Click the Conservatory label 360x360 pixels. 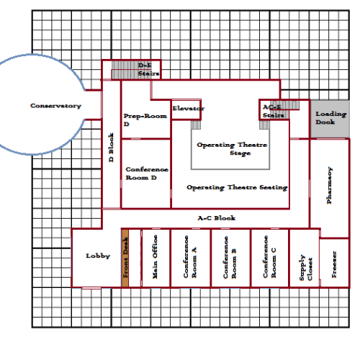[x=55, y=106]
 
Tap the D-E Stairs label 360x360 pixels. [x=148, y=69]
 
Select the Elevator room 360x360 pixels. [x=186, y=109]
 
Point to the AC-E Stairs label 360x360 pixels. [x=274, y=111]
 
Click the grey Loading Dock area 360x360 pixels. [x=330, y=119]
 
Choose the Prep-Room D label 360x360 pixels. [x=145, y=120]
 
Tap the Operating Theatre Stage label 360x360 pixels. [x=232, y=149]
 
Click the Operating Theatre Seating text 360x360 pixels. [x=237, y=187]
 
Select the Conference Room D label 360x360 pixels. [x=147, y=174]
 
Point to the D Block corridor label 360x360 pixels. [x=111, y=148]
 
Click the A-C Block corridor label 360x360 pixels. [x=217, y=218]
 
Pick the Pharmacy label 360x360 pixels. [x=330, y=185]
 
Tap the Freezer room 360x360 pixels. [x=334, y=263]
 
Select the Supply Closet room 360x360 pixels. [x=305, y=258]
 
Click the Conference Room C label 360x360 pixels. [x=269, y=257]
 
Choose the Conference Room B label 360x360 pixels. [x=230, y=257]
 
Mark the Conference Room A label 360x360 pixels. [x=190, y=256]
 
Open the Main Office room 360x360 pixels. [x=156, y=258]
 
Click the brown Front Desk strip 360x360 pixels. [x=125, y=258]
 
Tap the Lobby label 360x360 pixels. [x=98, y=256]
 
